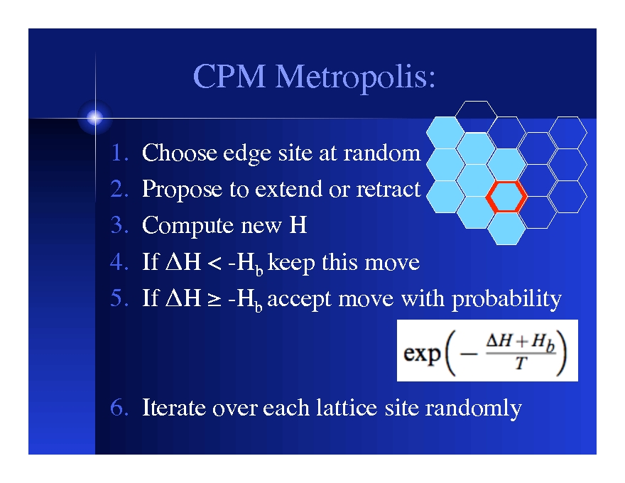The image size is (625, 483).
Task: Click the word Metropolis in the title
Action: [x=355, y=77]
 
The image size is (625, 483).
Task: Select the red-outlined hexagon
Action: [x=506, y=197]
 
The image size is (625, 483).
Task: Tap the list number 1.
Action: [x=119, y=153]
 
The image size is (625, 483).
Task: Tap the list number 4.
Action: [x=119, y=263]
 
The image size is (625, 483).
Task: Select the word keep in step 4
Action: [x=293, y=263]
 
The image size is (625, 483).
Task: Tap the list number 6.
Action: [x=119, y=408]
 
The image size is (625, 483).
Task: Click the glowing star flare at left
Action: [x=94, y=117]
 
